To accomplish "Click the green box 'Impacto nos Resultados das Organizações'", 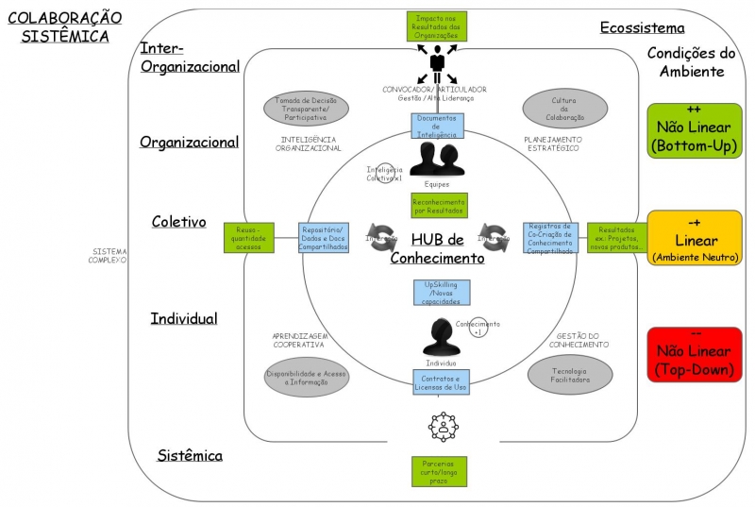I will (x=437, y=25).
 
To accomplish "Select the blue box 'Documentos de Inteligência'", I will (x=437, y=127).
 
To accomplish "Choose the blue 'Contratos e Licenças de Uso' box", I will (x=440, y=381).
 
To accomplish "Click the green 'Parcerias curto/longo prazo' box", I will (x=439, y=470).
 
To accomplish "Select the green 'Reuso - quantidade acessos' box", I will (x=249, y=237).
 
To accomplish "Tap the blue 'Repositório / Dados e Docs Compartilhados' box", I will (x=325, y=237).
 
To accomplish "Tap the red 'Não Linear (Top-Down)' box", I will (x=695, y=355).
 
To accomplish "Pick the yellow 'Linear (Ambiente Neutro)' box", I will (x=695, y=237).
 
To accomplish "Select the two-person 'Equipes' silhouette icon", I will (x=438, y=159).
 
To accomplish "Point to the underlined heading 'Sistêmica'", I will (x=190, y=456).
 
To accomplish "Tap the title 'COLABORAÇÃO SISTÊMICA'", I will (x=65, y=26).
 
